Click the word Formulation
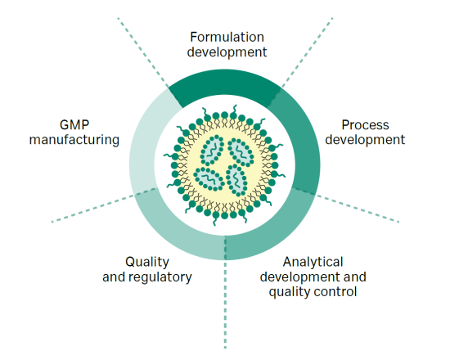[x=227, y=37]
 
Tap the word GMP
[x=74, y=125]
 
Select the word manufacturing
[x=74, y=140]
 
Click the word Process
[x=365, y=125]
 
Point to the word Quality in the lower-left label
[x=147, y=263]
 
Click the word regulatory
[x=160, y=277]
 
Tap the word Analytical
[x=313, y=262]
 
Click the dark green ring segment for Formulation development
[x=224, y=83]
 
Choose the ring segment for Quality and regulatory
[x=175, y=231]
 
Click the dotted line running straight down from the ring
[x=225, y=292]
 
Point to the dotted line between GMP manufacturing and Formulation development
[x=143, y=53]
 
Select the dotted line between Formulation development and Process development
[x=307, y=53]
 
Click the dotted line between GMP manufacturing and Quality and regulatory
[x=104, y=205]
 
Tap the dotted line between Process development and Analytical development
[x=346, y=205]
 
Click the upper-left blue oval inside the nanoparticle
[x=213, y=151]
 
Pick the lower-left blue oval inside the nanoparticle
[x=209, y=179]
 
